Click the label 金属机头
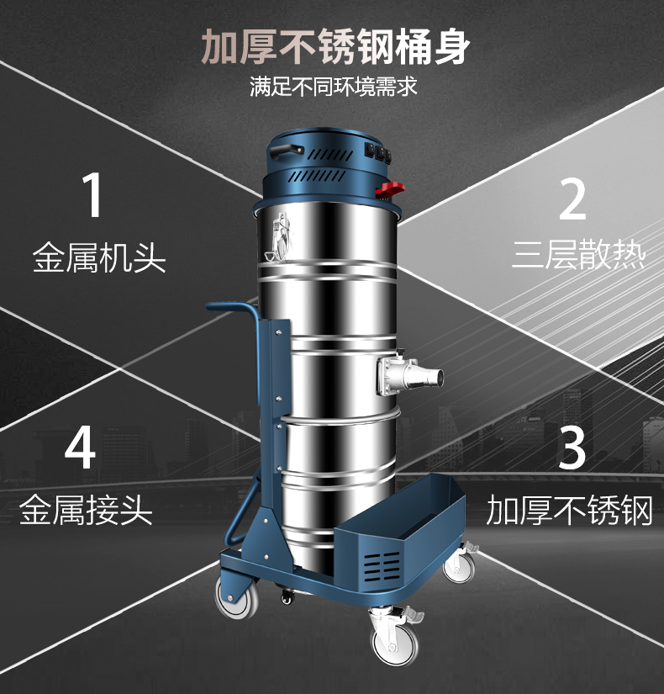tap(99, 257)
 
